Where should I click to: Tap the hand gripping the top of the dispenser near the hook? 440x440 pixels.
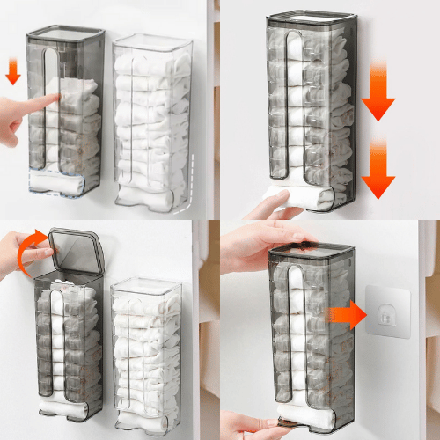(264, 242)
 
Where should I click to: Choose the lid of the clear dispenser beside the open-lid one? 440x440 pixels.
(147, 286)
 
